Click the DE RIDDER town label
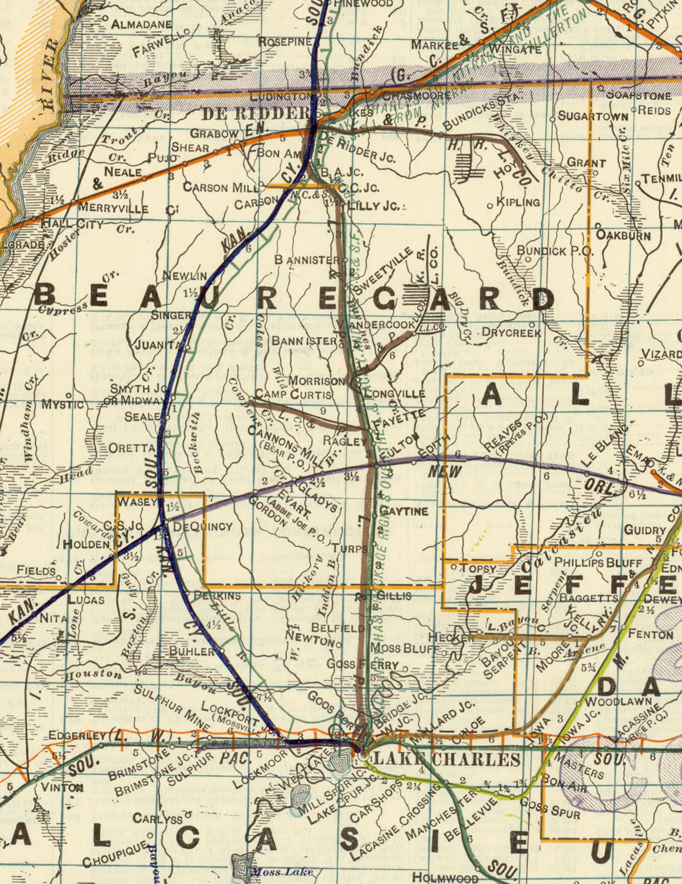(x=256, y=114)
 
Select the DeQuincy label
(x=202, y=527)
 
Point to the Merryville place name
(x=113, y=209)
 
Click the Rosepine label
(x=285, y=41)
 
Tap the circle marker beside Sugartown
(x=552, y=119)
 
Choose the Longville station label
(x=394, y=394)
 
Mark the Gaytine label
(x=404, y=511)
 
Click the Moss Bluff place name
(x=405, y=648)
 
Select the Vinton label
(x=62, y=787)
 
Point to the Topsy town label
(x=478, y=568)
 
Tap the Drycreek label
(x=511, y=332)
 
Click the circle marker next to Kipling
(x=490, y=206)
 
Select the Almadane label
(x=141, y=24)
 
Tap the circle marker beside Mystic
(x=68, y=395)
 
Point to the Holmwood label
(x=445, y=878)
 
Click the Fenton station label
(x=650, y=634)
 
